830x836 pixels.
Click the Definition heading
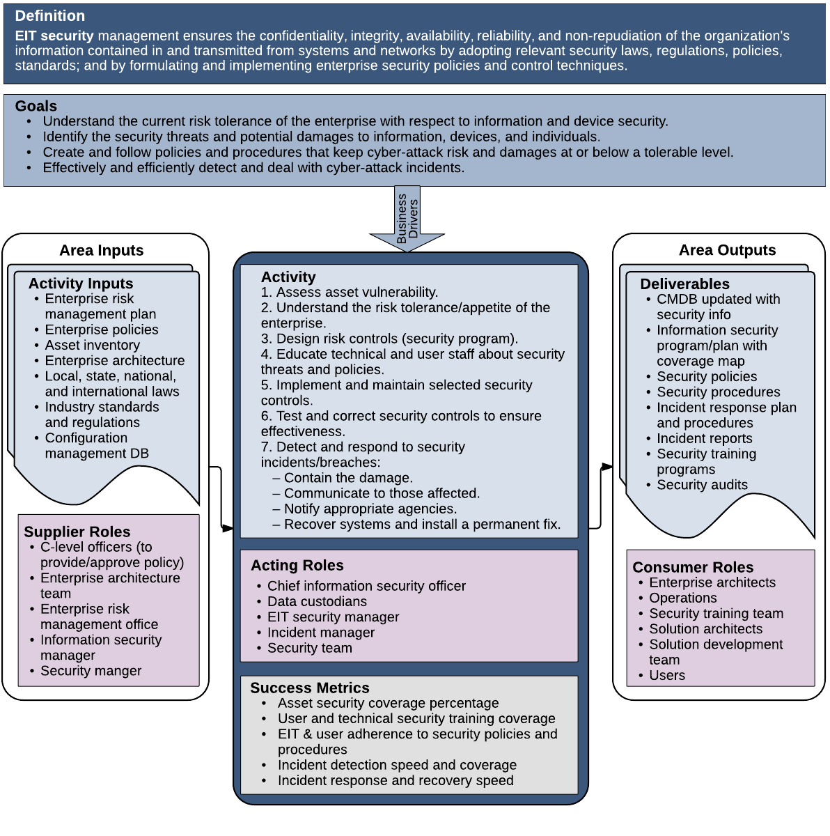tap(50, 16)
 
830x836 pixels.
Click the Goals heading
tap(36, 106)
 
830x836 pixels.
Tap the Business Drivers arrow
tap(407, 219)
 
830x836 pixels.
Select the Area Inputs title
tap(102, 250)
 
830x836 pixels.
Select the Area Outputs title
tap(727, 250)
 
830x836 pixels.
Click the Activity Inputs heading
tap(81, 284)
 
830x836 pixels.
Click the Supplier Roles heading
tap(77, 532)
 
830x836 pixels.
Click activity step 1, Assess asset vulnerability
tap(350, 292)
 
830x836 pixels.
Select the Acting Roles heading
tap(297, 565)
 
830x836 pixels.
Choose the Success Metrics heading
tap(310, 688)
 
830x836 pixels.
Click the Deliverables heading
tap(684, 284)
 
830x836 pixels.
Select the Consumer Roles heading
tap(693, 567)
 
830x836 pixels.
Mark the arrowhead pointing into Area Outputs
tap(606, 467)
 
